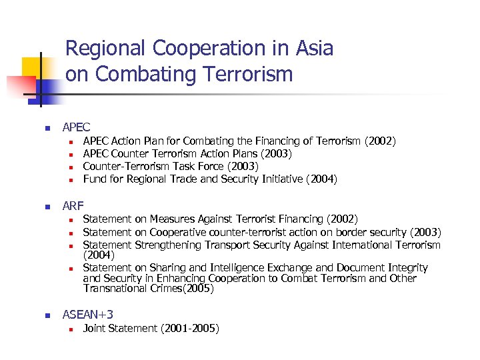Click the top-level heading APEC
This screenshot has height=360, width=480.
(x=76, y=127)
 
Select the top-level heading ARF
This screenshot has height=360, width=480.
(x=73, y=205)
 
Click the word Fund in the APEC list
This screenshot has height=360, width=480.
(x=95, y=179)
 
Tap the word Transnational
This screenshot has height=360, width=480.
(x=115, y=289)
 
